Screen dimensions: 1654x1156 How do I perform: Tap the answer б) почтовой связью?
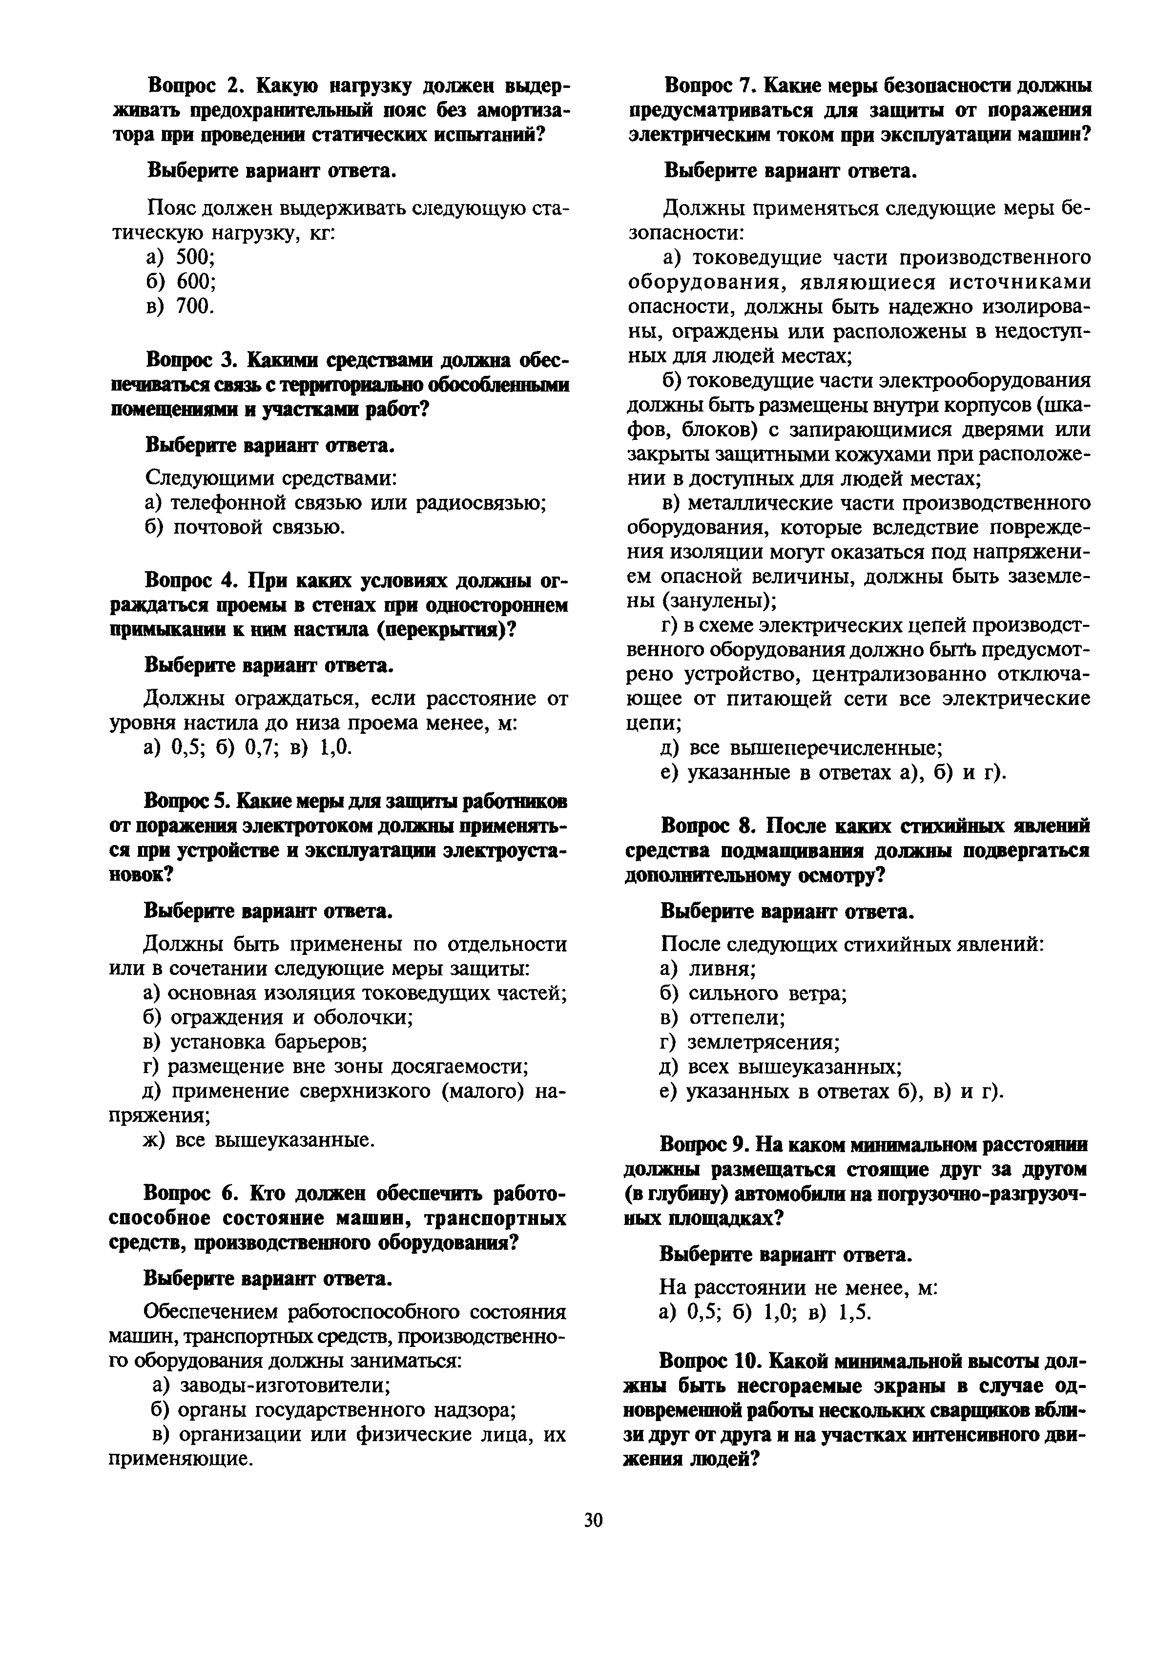pyautogui.click(x=245, y=527)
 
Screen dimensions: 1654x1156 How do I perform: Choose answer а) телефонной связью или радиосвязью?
pyautogui.click(x=345, y=502)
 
